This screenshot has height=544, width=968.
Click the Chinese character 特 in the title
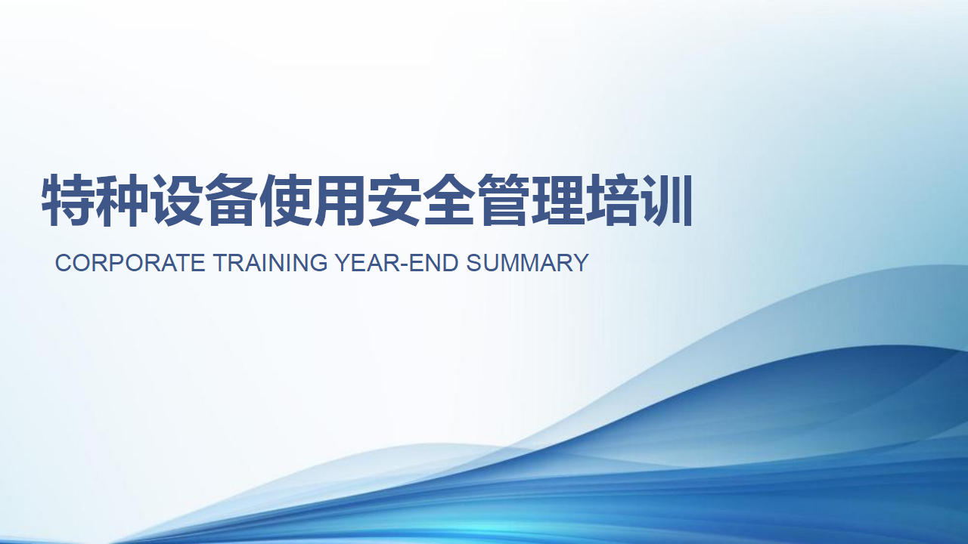point(68,200)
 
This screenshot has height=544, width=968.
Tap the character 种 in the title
point(123,200)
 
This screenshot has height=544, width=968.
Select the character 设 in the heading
point(177,200)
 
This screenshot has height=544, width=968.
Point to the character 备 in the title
point(231,200)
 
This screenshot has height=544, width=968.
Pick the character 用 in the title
point(340,200)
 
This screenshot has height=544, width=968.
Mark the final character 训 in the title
point(666,200)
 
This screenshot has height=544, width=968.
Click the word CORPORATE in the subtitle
point(130,262)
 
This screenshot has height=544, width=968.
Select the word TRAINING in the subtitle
point(271,262)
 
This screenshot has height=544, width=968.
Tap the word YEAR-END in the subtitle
point(397,262)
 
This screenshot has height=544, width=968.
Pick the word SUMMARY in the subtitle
point(528,262)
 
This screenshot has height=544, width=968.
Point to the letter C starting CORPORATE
point(63,262)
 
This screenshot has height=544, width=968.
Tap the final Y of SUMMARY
point(580,262)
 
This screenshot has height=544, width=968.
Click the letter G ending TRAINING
point(319,262)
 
